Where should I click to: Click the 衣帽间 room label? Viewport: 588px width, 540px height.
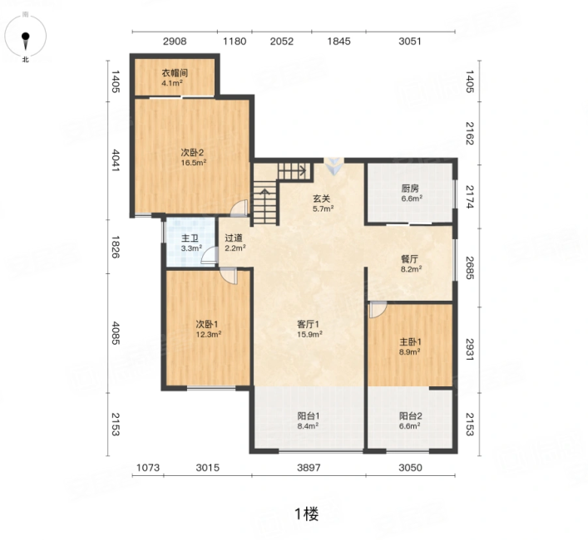[x=175, y=72]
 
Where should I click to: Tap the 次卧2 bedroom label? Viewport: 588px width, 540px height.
[x=192, y=152]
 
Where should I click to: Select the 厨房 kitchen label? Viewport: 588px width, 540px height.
[x=410, y=189]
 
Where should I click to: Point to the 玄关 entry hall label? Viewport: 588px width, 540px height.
[x=322, y=199]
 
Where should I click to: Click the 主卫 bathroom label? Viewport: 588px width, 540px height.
[x=190, y=238]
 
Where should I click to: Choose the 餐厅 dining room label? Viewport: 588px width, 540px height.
[x=409, y=258]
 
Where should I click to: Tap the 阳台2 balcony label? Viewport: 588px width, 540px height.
[x=411, y=416]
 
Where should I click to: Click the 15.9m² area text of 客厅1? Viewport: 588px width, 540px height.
[x=309, y=335]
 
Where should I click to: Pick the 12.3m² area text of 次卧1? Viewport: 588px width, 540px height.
[x=209, y=334]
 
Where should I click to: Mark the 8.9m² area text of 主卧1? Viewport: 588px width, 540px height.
[x=409, y=351]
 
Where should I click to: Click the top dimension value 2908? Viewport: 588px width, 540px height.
[x=175, y=42]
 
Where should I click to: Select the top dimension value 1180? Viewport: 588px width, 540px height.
[x=235, y=42]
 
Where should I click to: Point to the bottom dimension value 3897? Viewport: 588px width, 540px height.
[x=309, y=468]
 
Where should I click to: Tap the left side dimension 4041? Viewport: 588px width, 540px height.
[x=116, y=160]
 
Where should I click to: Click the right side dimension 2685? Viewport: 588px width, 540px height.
[x=470, y=268]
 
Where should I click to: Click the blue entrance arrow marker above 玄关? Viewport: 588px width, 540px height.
[x=334, y=166]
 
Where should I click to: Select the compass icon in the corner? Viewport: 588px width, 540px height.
[x=26, y=37]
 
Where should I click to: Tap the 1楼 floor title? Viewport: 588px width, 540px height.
[x=307, y=513]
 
